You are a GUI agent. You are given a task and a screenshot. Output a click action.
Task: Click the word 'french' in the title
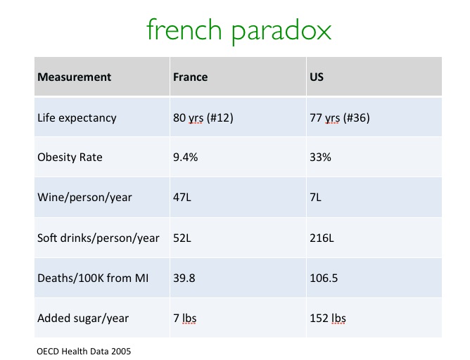pos(184,30)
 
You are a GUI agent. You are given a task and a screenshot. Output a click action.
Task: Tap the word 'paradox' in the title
pos(281,32)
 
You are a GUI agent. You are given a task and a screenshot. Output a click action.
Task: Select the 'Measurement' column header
pos(74,77)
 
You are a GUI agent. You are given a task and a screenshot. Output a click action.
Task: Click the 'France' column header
pos(191,77)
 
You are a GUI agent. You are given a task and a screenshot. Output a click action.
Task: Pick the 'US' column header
pos(317,77)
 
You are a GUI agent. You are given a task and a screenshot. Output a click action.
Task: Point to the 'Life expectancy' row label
pos(77,118)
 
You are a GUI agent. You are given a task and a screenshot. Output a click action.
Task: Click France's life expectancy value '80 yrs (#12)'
pos(203,117)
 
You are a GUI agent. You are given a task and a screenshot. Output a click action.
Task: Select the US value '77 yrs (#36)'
pos(340,117)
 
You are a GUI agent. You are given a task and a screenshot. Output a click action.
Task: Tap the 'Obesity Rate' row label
pos(70,157)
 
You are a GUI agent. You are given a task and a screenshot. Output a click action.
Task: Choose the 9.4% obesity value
pos(185,157)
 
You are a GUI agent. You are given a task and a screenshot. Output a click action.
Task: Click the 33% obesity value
pos(320,157)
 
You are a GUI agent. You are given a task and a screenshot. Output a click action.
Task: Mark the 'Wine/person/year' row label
pos(84,198)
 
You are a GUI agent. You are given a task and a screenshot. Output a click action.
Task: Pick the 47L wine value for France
pos(182,198)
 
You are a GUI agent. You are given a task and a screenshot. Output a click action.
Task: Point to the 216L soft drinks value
pos(322,238)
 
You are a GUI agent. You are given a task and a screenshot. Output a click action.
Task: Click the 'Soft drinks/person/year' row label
pos(99,238)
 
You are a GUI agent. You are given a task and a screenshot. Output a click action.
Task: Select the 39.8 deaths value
pos(184,278)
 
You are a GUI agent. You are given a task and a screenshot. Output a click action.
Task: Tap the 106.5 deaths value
pos(324,278)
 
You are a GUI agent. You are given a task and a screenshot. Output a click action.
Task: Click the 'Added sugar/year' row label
pos(83,319)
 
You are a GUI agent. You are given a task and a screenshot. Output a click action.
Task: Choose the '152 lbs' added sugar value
pos(328,319)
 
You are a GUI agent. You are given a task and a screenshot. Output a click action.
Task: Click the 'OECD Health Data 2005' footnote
pos(84,351)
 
